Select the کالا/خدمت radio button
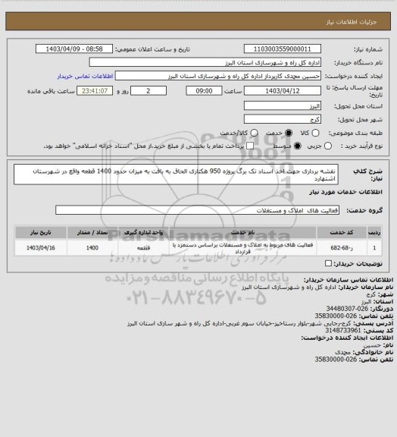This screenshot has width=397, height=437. pos(254,131)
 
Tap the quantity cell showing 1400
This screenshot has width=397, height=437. pos(92,247)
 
